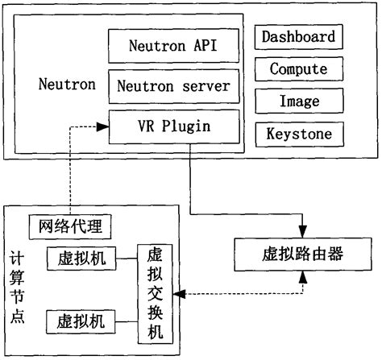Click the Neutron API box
[x=173, y=45]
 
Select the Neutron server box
[x=173, y=85]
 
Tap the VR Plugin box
[x=173, y=125]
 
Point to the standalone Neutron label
[x=67, y=84]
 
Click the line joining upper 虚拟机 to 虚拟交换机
[x=127, y=259]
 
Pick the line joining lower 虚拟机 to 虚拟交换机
[x=127, y=320]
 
